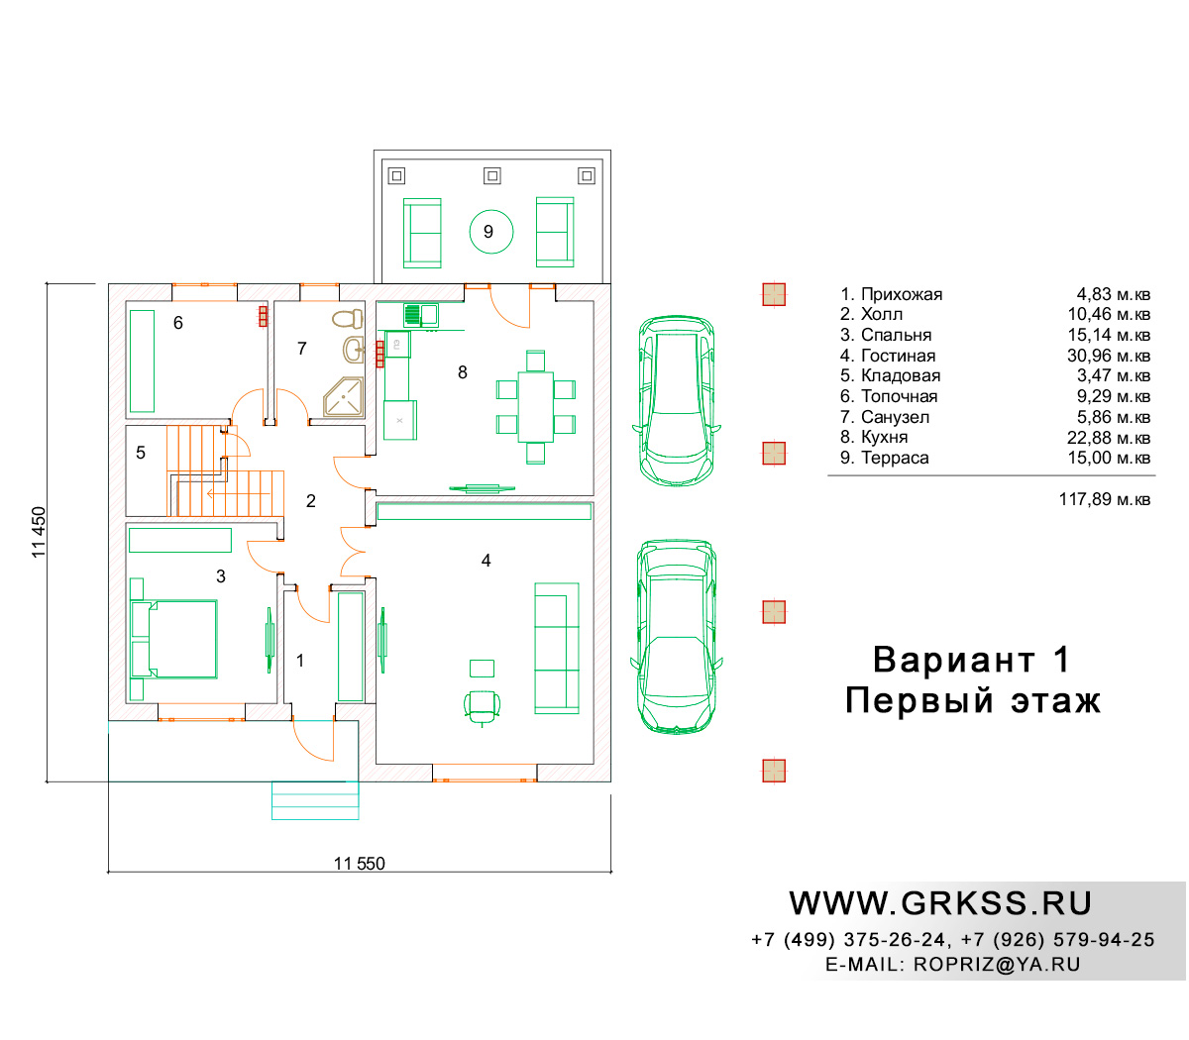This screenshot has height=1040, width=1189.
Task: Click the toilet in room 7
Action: pyautogui.click(x=348, y=318)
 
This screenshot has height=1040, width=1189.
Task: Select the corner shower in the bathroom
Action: pyautogui.click(x=343, y=397)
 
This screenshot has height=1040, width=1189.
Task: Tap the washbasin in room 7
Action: pyautogui.click(x=353, y=350)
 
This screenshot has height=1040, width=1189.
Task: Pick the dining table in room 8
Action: pyautogui.click(x=535, y=407)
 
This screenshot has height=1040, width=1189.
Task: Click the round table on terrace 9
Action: pyautogui.click(x=491, y=232)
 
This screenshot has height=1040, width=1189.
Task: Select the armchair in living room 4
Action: pyautogui.click(x=482, y=705)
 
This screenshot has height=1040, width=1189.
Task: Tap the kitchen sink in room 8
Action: pyautogui.click(x=421, y=315)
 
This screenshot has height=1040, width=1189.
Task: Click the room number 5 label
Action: pyautogui.click(x=141, y=453)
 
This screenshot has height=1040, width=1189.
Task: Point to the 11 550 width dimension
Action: pyautogui.click(x=359, y=864)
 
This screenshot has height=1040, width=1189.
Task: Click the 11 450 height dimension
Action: pyautogui.click(x=39, y=532)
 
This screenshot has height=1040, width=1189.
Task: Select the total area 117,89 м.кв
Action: pyautogui.click(x=1104, y=499)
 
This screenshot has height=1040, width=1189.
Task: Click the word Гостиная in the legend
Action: pyautogui.click(x=898, y=356)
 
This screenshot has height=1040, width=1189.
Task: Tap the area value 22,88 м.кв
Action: pyautogui.click(x=1108, y=438)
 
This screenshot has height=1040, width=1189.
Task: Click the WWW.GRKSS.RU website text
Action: pyautogui.click(x=940, y=904)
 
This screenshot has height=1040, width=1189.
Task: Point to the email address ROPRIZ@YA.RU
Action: pyautogui.click(x=997, y=965)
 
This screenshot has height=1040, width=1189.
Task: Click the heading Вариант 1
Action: pyautogui.click(x=972, y=660)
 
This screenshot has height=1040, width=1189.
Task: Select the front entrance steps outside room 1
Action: pyautogui.click(x=315, y=800)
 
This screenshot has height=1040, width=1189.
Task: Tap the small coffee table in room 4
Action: pyautogui.click(x=482, y=669)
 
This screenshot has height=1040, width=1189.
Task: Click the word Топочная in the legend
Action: pyautogui.click(x=899, y=397)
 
